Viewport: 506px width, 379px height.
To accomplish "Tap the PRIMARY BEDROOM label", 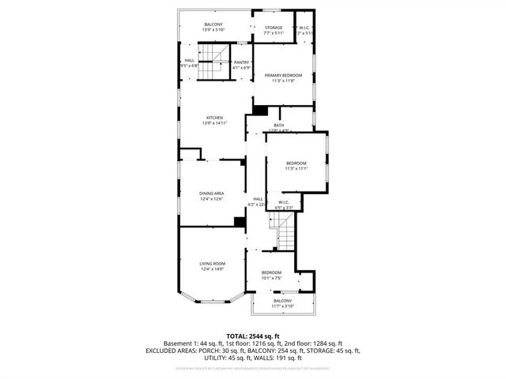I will pyautogui.click(x=283, y=75).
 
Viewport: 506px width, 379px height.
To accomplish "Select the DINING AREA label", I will pyautogui.click(x=212, y=193).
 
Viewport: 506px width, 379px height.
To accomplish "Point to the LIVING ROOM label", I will pyautogui.click(x=212, y=263).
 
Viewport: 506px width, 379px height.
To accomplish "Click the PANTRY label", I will pyautogui.click(x=241, y=62).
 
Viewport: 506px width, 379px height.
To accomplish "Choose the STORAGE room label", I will pyautogui.click(x=273, y=28).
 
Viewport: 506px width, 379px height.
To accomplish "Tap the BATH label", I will pyautogui.click(x=278, y=125).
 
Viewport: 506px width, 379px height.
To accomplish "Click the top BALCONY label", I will pyautogui.click(x=213, y=24).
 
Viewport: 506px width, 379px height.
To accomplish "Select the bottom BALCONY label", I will pyautogui.click(x=282, y=300).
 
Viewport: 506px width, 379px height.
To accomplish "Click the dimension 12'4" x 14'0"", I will pyautogui.click(x=212, y=269).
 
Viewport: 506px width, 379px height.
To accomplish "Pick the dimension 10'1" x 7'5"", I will pyautogui.click(x=271, y=278).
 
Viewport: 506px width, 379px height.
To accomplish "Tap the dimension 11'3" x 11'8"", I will pyautogui.click(x=283, y=81).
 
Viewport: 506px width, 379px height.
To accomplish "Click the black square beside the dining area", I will pyautogui.click(x=240, y=222).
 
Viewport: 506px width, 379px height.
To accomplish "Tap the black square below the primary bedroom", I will pyautogui.click(x=259, y=110).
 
